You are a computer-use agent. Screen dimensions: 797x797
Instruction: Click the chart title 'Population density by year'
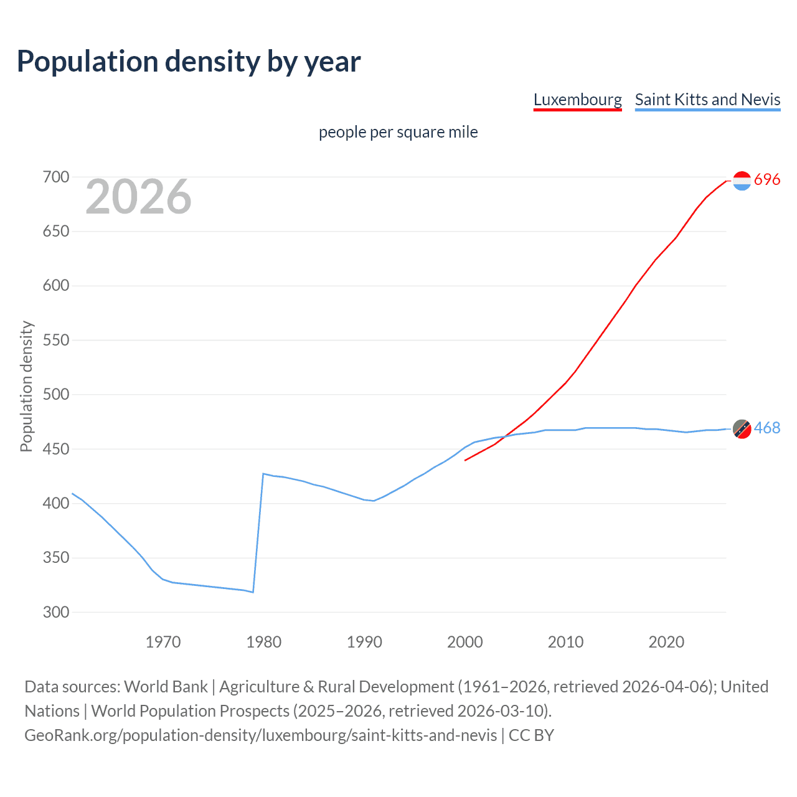point(189,62)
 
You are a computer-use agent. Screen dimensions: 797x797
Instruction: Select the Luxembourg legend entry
point(577,100)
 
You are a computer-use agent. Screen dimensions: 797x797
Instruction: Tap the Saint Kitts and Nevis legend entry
point(707,100)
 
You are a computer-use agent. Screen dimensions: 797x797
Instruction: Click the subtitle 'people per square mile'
point(398,132)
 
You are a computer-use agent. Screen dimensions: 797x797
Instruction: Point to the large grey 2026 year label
point(138,197)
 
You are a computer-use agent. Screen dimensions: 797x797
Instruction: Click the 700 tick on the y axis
point(56,177)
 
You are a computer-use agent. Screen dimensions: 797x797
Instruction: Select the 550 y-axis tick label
point(56,341)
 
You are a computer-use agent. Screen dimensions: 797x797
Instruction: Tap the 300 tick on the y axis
point(56,612)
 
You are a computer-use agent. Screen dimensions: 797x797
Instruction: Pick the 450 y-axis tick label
point(56,449)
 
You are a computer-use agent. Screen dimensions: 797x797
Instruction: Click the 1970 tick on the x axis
point(163,642)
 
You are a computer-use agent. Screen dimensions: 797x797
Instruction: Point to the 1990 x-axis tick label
point(364,642)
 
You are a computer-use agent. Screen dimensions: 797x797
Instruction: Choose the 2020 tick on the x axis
point(666,642)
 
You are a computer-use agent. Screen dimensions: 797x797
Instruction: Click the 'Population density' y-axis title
point(26,386)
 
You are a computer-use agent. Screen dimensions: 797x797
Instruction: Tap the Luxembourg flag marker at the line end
point(742,181)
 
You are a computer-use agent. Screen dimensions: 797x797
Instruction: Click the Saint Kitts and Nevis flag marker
point(742,428)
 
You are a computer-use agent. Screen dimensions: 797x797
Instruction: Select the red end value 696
point(767,180)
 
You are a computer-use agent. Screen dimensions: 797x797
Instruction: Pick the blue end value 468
point(767,428)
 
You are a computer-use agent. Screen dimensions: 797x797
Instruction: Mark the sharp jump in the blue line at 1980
point(258,532)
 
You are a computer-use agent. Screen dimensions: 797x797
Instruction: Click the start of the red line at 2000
point(465,460)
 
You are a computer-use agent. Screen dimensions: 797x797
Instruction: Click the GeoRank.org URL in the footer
point(261,735)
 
